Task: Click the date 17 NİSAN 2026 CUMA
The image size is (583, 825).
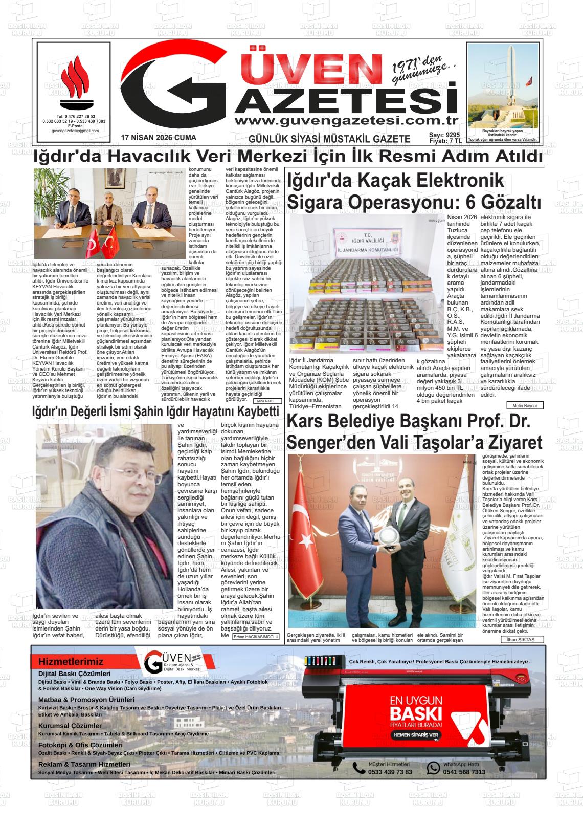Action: click(159, 138)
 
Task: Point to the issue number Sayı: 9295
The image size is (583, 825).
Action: click(444, 135)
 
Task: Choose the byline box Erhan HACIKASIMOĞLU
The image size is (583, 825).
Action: click(256, 637)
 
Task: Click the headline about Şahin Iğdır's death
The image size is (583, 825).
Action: click(155, 412)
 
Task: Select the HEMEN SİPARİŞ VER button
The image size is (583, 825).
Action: click(415, 735)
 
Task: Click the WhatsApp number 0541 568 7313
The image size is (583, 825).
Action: click(464, 772)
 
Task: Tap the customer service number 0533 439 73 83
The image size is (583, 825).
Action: click(390, 772)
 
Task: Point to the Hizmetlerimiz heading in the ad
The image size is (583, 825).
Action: click(71, 662)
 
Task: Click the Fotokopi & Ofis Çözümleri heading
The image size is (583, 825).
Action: click(80, 745)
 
